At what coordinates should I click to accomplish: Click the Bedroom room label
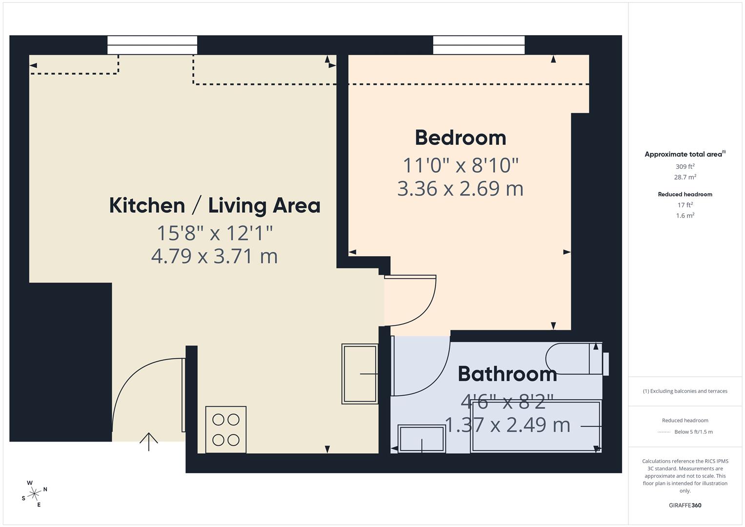point(461,138)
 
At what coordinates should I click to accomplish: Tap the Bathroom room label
point(507,374)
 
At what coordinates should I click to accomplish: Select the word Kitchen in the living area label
point(147,205)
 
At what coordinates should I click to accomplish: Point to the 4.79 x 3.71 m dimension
point(215,256)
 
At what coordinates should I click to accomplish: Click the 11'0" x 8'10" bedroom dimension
point(461,165)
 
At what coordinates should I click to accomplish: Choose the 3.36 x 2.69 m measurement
point(461,189)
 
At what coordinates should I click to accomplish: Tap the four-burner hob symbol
point(226,429)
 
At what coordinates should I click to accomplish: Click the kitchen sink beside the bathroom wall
point(360,374)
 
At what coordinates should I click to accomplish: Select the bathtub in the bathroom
point(536,426)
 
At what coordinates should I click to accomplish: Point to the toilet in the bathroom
point(577,359)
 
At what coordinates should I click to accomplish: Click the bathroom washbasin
point(422,439)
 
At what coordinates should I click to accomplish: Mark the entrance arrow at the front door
point(149,442)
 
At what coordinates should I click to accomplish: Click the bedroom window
point(479,45)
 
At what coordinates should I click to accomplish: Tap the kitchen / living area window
point(152,45)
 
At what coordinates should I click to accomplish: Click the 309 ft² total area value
point(685,166)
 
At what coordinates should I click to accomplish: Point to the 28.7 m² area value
point(685,177)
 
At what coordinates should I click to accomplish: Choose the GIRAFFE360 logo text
point(685,505)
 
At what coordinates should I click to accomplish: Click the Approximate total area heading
point(685,154)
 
